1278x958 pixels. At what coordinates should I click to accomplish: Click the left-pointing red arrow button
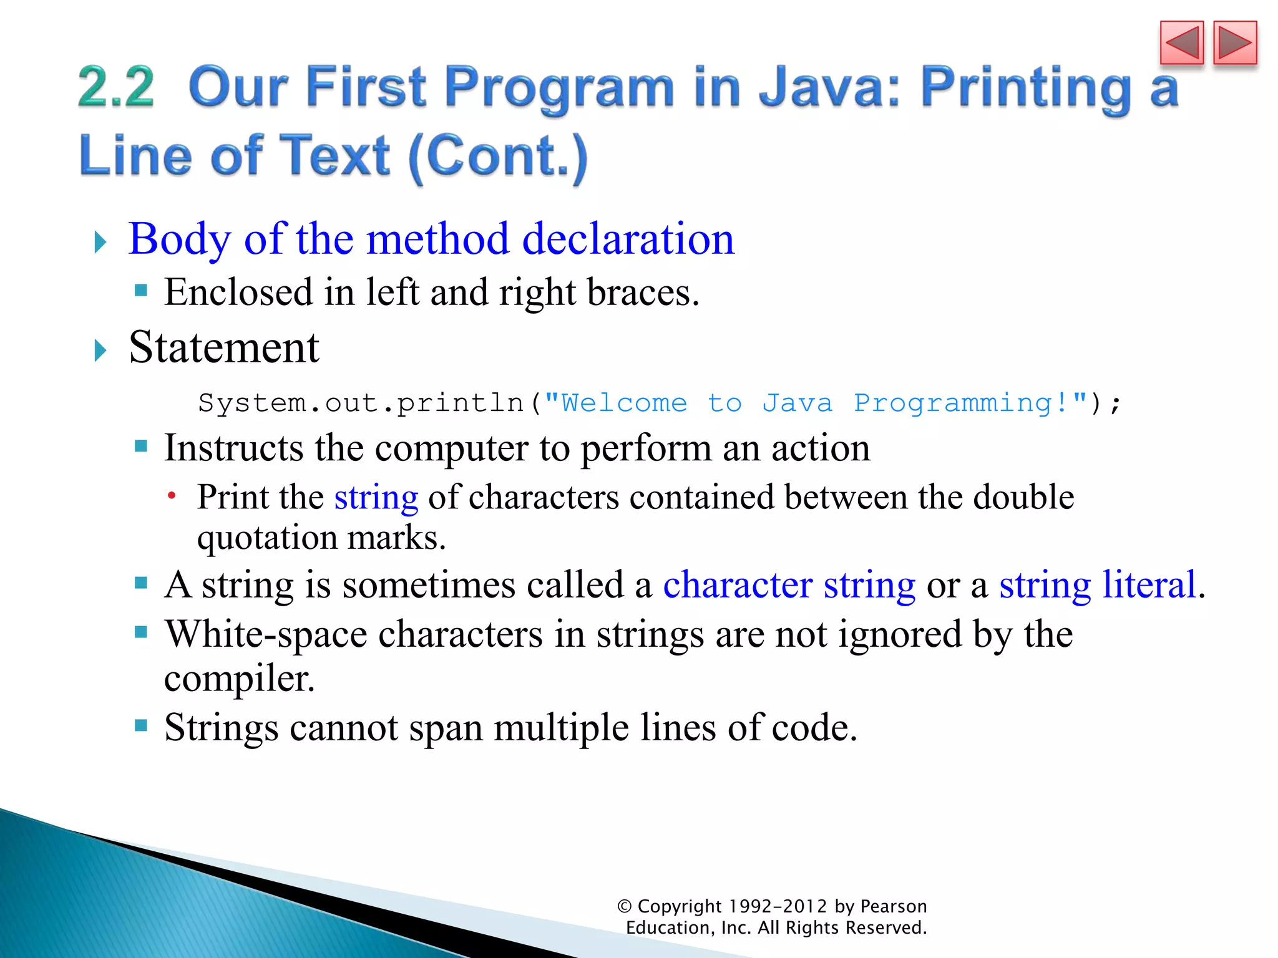pyautogui.click(x=1181, y=43)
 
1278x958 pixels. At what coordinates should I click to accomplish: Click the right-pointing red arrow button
pyautogui.click(x=1234, y=43)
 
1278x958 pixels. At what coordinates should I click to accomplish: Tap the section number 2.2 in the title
pyautogui.click(x=116, y=87)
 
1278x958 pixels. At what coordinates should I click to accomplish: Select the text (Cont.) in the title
pyautogui.click(x=497, y=156)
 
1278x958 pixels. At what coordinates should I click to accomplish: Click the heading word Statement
pyautogui.click(x=224, y=347)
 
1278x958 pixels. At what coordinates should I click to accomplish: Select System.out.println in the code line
pyautogui.click(x=361, y=403)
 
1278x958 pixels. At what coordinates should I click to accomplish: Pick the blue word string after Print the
pyautogui.click(x=376, y=498)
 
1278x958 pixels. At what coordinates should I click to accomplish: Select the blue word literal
pyautogui.click(x=1149, y=585)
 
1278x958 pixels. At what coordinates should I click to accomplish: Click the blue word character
pyautogui.click(x=737, y=585)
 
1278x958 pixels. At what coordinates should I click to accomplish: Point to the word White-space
pyautogui.click(x=266, y=634)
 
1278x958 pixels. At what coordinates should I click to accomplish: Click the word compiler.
pyautogui.click(x=239, y=679)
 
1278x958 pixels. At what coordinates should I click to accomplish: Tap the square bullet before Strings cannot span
pyautogui.click(x=141, y=725)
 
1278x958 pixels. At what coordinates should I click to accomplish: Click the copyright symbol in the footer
pyautogui.click(x=624, y=906)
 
